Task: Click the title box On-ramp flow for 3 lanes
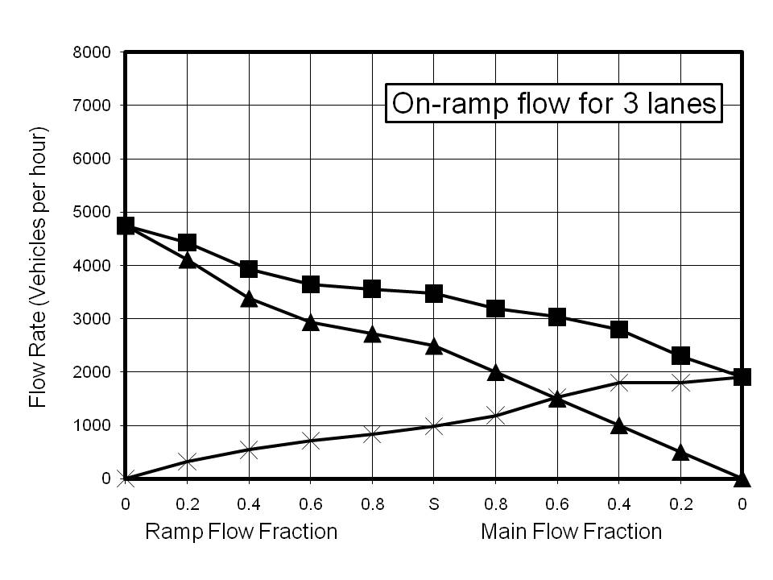tap(552, 104)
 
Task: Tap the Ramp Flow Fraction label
tap(241, 532)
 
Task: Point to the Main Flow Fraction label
tap(571, 532)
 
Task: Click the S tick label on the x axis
tap(433, 504)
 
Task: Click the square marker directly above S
tap(433, 293)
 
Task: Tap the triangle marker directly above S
tap(433, 346)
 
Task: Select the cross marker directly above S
tap(433, 425)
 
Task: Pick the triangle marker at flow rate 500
tap(680, 452)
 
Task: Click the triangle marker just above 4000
tap(187, 259)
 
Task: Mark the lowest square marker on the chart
tap(742, 377)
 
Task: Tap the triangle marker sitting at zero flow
tap(742, 479)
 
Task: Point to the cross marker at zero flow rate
tap(125, 478)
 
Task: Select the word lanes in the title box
tap(677, 104)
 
